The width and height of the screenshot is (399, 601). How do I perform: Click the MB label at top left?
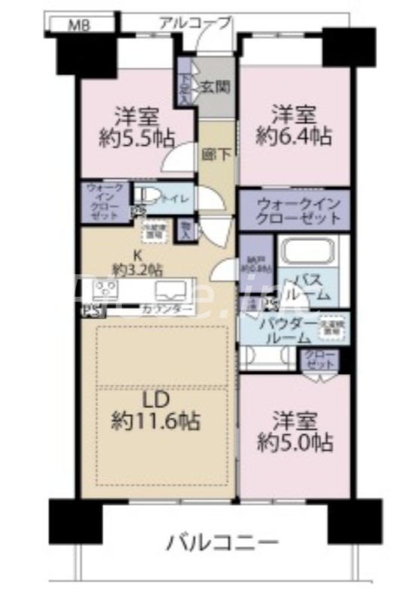[80, 25]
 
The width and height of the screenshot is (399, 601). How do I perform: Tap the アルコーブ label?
[195, 23]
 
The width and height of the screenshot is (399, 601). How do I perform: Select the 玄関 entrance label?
[214, 86]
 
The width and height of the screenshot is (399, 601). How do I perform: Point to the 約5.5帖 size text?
[138, 138]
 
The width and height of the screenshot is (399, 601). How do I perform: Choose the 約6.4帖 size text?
[294, 136]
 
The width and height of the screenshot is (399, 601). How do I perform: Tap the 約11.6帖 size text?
[156, 421]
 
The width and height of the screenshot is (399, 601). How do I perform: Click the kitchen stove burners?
[106, 288]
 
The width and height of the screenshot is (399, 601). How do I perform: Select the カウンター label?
[166, 310]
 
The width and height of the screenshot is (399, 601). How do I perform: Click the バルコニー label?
[222, 542]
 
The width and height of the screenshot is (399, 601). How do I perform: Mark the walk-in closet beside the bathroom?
[293, 210]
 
